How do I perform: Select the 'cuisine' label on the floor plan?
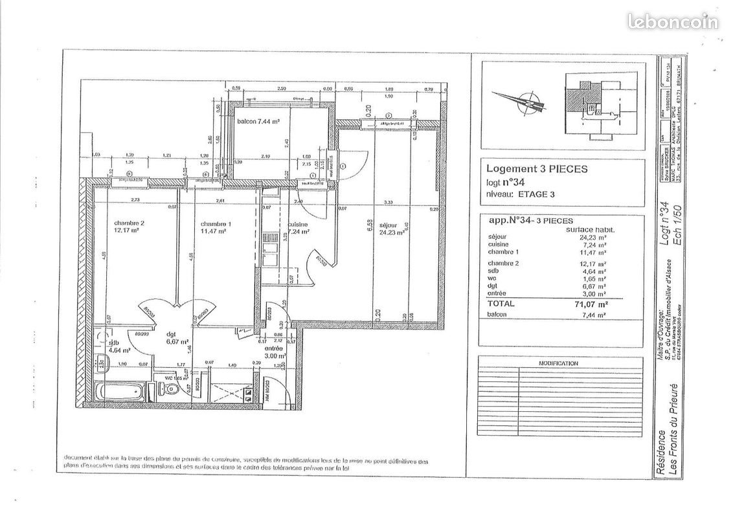298,225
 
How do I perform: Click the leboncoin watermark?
672,21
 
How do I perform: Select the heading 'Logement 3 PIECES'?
537,168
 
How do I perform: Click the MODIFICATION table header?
558,364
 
